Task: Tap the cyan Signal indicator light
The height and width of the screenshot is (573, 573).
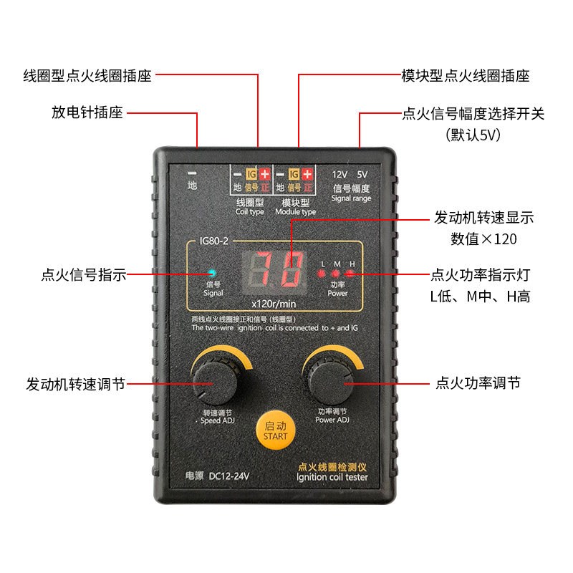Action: [212, 273]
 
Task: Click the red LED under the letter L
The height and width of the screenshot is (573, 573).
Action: [322, 274]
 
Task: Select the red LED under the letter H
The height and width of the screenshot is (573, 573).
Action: [350, 274]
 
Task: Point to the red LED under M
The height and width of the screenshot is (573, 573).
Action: [335, 274]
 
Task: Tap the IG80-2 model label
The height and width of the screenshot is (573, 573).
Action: [213, 241]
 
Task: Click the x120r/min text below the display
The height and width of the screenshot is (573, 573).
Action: [274, 304]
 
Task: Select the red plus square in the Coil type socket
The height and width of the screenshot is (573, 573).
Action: [265, 174]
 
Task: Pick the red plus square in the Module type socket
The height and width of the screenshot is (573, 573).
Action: [308, 174]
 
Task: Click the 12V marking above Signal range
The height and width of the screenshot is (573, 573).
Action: [340, 175]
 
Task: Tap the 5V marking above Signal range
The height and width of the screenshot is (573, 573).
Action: [362, 175]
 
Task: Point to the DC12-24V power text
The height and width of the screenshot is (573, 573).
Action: [228, 476]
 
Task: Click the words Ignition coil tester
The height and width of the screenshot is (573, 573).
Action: [332, 477]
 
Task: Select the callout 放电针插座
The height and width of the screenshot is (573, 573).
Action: [87, 112]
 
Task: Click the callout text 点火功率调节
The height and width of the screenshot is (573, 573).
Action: [478, 383]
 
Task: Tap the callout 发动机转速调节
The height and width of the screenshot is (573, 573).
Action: [76, 384]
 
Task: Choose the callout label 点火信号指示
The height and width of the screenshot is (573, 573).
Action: [84, 274]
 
